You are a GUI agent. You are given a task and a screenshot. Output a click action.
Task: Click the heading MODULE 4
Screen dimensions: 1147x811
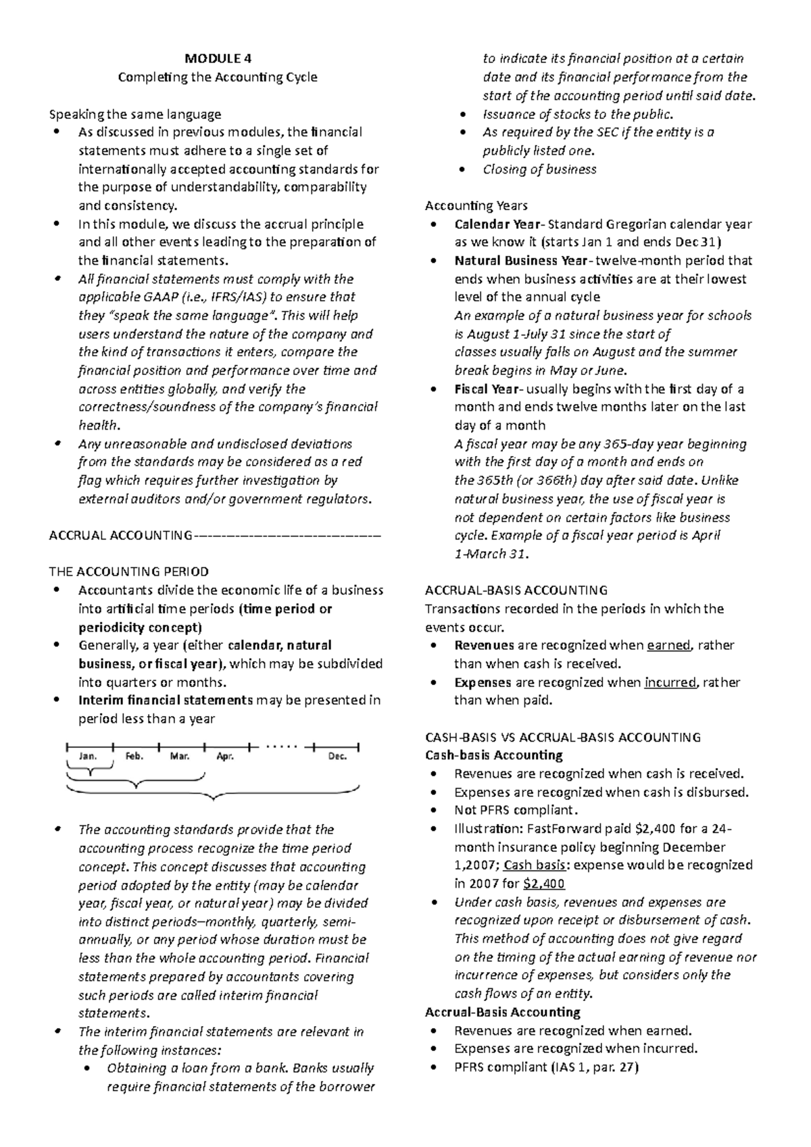(218, 58)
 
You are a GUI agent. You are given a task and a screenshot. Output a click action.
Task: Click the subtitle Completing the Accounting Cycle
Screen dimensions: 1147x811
(218, 77)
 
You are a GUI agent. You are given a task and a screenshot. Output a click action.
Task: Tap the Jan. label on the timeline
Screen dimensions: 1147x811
(88, 756)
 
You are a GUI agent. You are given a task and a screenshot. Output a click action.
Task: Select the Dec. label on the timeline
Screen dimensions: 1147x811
(337, 756)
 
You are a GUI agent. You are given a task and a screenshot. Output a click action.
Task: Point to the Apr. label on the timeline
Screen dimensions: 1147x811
(225, 756)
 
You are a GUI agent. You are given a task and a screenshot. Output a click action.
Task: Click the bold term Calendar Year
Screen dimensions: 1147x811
(497, 224)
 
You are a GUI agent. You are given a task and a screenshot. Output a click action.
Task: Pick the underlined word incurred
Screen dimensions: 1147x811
(670, 682)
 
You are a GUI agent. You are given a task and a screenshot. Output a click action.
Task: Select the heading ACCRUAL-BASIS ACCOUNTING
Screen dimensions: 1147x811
(516, 590)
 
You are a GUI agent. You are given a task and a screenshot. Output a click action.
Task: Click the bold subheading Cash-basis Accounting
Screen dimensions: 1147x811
(493, 755)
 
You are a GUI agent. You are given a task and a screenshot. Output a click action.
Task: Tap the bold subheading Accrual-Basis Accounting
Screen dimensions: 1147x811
(502, 1012)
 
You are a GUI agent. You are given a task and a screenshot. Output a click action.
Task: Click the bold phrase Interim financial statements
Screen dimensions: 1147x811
(166, 700)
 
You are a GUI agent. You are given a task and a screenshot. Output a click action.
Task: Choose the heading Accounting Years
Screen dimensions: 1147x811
(476, 205)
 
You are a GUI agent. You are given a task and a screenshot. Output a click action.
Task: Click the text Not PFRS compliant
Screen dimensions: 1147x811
(516, 810)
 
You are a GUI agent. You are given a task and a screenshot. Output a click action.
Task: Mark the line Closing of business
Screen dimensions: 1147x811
(539, 170)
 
